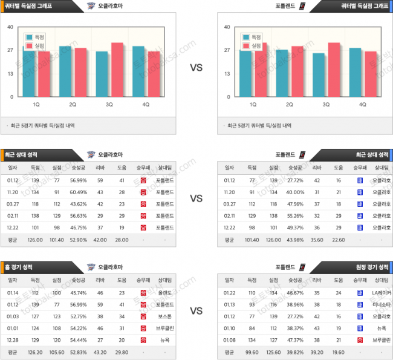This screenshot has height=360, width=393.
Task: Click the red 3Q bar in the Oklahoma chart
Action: coord(117,70)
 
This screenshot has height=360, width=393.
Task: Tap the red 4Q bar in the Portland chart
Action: coord(370,74)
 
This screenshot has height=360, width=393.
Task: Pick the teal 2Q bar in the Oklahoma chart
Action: coord(65,71)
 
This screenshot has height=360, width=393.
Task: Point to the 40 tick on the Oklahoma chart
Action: coord(11,27)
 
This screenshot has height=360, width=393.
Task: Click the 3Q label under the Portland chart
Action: coord(326,105)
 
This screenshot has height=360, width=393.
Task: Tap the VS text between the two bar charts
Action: coord(197,68)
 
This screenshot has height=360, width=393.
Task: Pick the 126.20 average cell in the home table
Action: coord(35,352)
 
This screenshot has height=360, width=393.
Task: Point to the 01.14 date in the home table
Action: coord(13,293)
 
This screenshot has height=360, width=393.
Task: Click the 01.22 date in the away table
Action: coord(229,293)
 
